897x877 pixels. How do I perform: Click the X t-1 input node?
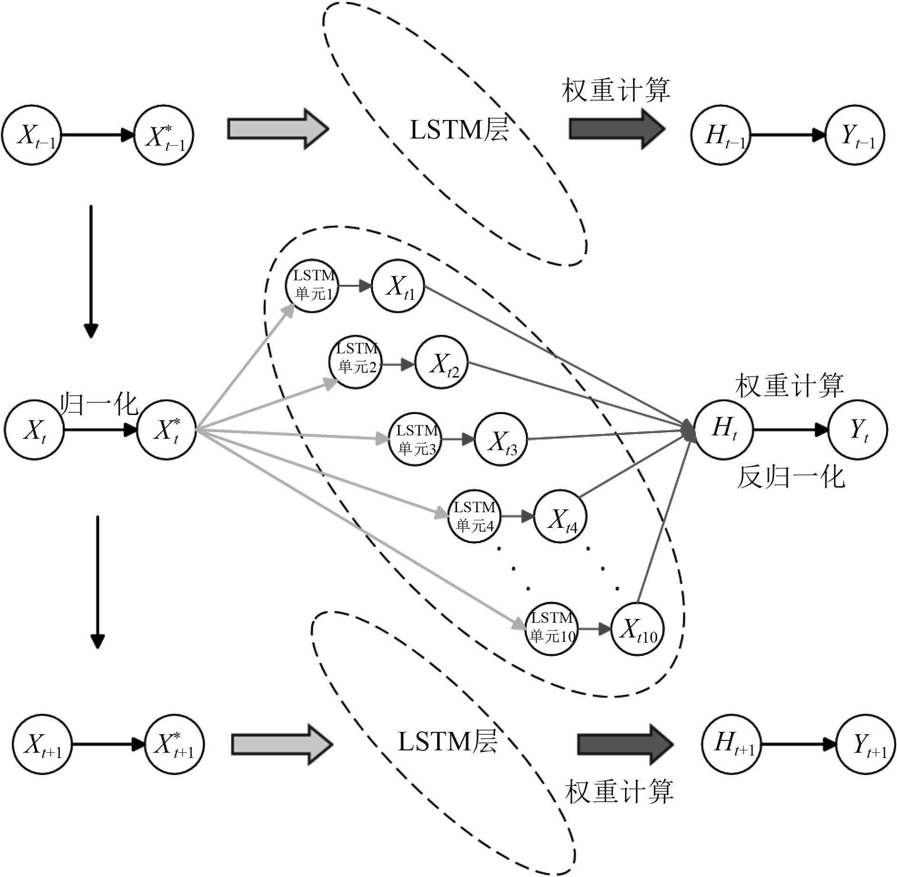(32, 135)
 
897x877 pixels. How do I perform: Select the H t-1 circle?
(720, 135)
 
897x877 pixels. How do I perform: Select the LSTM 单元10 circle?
(551, 629)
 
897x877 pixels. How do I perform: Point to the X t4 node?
(560, 517)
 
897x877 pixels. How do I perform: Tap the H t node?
(723, 430)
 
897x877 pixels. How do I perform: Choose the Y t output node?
(858, 430)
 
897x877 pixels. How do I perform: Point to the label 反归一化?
(791, 477)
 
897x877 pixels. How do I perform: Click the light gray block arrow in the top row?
(278, 129)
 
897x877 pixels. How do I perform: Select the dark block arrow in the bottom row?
(625, 744)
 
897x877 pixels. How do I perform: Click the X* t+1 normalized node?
(174, 744)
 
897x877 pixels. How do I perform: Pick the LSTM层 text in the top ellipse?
(459, 129)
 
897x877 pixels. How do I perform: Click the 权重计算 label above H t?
(790, 385)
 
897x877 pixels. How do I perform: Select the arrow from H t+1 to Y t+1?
(799, 744)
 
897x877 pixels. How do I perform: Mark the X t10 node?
(637, 629)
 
